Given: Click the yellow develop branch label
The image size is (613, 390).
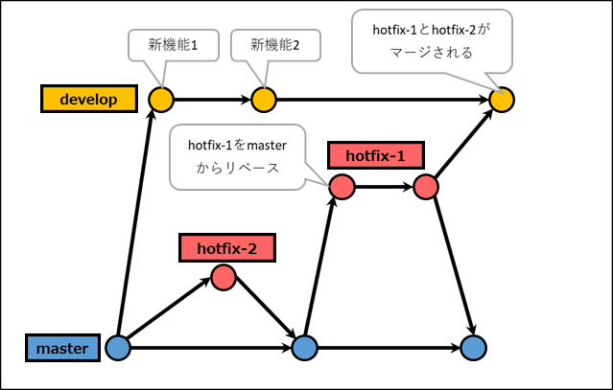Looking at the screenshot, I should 86,98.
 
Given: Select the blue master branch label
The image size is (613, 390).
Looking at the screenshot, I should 61,348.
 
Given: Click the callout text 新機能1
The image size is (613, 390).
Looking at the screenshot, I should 173,44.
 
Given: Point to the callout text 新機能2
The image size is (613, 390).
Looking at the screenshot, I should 274,44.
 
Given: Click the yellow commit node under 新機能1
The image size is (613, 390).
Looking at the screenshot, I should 160,98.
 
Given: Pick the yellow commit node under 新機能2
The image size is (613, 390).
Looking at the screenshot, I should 264,98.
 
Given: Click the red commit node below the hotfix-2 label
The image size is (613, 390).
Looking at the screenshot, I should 223,279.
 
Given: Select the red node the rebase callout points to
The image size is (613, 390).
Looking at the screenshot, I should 341,186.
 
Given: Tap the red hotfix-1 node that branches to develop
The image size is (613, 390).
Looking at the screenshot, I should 426,186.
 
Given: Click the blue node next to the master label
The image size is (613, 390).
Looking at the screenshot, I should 118,348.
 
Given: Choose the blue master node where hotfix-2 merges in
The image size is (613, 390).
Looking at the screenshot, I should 303,348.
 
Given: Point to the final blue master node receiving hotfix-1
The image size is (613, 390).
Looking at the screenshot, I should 472,348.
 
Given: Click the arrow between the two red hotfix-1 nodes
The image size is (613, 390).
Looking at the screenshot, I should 383,186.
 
